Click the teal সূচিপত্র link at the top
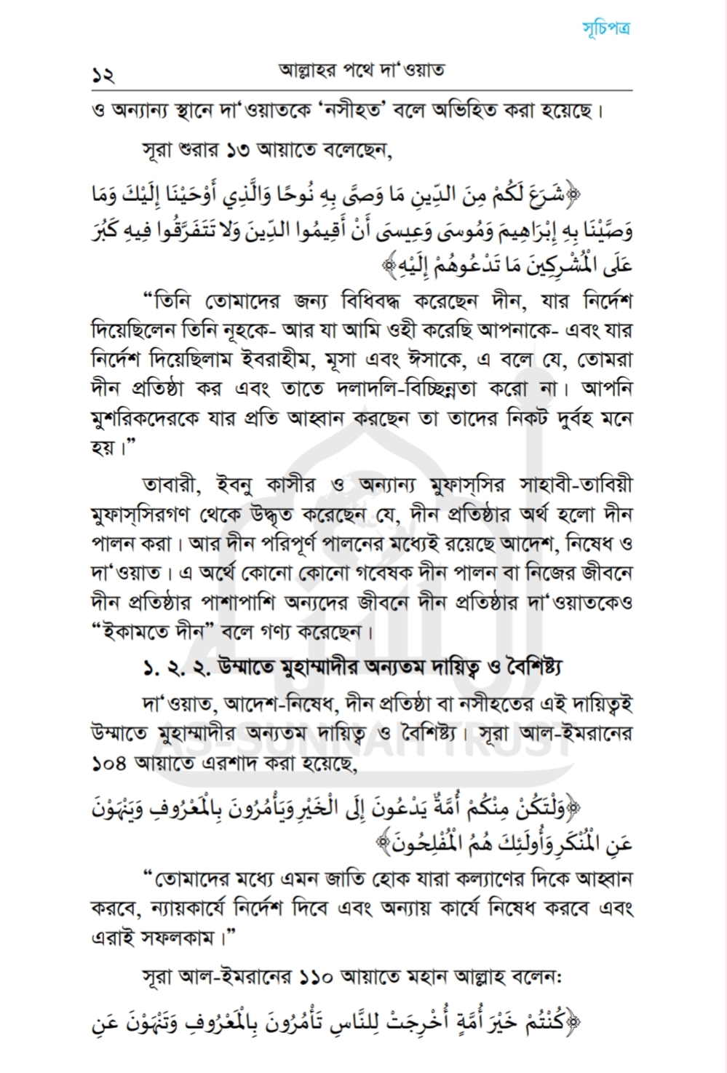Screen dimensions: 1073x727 coord(605,29)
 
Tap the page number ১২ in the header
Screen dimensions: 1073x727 coord(103,74)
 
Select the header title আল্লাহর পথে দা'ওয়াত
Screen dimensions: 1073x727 coord(362,71)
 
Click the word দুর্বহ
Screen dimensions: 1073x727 coord(557,419)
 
